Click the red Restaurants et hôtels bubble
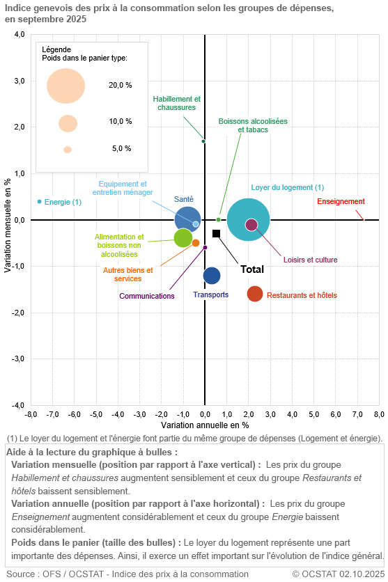(255, 294)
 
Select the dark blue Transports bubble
(212, 276)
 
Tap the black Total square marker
(217, 233)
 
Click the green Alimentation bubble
(183, 237)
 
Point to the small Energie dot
(39, 201)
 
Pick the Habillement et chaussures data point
(203, 141)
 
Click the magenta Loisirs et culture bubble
(251, 224)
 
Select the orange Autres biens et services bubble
(196, 243)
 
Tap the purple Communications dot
(205, 247)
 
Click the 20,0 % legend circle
(66, 86)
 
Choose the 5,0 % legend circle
(68, 150)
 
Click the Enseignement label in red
(341, 202)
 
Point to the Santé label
(184, 199)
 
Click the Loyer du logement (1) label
(288, 188)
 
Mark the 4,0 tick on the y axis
(19, 35)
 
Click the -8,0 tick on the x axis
(31, 414)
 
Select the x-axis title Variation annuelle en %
(205, 425)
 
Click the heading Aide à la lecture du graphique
(92, 452)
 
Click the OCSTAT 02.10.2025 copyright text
(336, 574)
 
